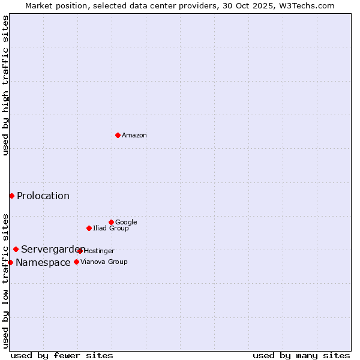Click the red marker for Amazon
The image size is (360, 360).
118,135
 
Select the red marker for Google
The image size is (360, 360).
111,222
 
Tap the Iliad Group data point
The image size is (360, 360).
89,228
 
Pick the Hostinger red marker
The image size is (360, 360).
80,251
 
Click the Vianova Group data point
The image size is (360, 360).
76,262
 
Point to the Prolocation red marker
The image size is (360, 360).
11,196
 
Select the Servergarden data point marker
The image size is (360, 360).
16,249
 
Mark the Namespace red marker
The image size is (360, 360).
10,262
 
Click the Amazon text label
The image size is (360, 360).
134,136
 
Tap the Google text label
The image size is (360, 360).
126,223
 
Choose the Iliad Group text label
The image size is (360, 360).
110,229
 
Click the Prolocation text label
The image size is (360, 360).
43,196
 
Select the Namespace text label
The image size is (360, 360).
43,263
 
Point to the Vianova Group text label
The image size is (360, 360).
104,262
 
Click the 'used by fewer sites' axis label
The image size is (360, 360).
62,355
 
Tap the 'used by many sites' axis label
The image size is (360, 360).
301,355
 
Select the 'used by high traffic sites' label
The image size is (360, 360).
5,85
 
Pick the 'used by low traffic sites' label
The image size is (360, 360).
5,281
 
